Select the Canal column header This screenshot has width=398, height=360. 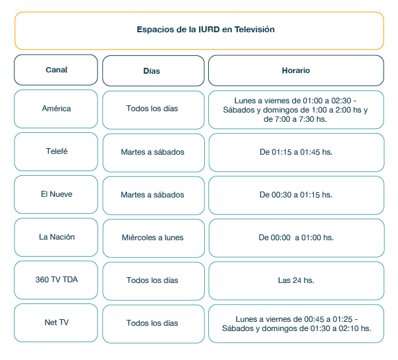point(56,70)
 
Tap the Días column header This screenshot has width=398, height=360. point(153,70)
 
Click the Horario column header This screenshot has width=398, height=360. point(296,70)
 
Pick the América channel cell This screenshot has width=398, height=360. point(56,109)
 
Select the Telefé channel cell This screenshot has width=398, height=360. point(56,151)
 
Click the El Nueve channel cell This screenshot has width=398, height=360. point(56,195)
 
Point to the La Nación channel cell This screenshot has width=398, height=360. point(56,238)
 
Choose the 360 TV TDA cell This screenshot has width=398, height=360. point(56,280)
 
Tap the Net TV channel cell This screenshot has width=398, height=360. point(56,323)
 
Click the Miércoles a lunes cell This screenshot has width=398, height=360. point(153,238)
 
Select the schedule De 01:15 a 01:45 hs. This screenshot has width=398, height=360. point(296,152)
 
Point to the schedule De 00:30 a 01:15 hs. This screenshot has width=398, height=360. point(296,195)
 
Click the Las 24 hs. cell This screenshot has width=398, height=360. point(296,280)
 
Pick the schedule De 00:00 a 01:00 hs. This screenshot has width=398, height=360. point(296,238)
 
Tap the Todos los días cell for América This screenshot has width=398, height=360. point(153,109)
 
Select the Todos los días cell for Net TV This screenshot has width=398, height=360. point(153,323)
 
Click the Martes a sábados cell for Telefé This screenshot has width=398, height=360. point(153,152)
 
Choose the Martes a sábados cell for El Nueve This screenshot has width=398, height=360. point(153,195)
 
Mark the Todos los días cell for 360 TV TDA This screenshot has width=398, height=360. point(153,280)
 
